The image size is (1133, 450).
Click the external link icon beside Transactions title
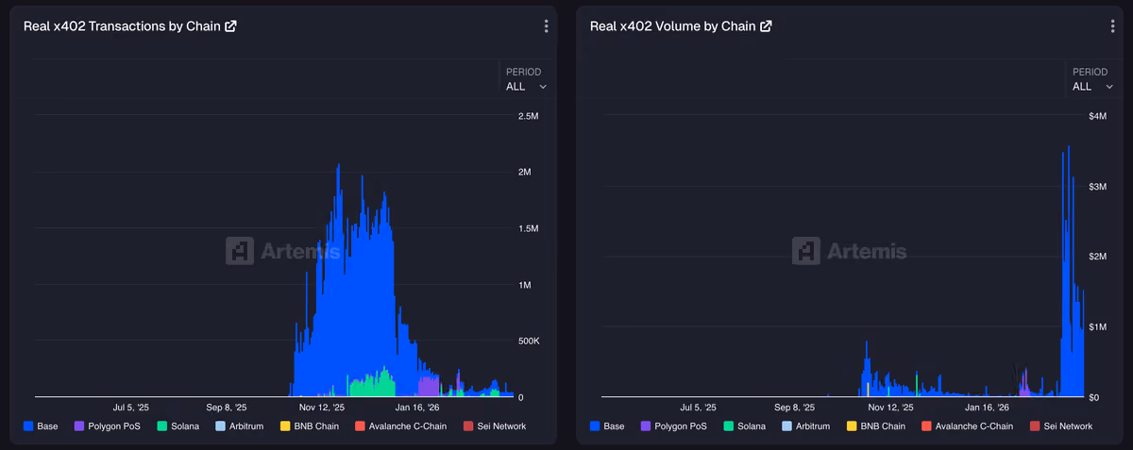tap(230, 26)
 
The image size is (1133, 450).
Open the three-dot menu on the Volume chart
tap(1112, 26)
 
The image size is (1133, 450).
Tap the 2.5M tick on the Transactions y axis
tap(528, 116)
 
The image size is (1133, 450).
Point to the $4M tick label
tap(1097, 116)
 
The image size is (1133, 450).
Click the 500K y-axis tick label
tap(529, 342)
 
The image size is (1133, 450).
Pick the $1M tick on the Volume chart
tap(1097, 327)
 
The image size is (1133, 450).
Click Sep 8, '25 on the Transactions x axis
tap(226, 408)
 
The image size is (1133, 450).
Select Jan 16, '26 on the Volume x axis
tap(987, 408)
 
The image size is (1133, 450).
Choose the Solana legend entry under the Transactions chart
tap(178, 426)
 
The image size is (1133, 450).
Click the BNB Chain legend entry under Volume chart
tap(876, 426)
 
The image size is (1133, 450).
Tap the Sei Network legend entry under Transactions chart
tap(495, 426)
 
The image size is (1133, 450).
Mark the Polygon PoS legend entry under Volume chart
tap(674, 426)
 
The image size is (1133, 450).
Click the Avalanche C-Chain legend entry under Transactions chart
tap(400, 426)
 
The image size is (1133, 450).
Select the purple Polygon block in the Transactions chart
tap(429, 386)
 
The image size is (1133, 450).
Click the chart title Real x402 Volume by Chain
tap(672, 26)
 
